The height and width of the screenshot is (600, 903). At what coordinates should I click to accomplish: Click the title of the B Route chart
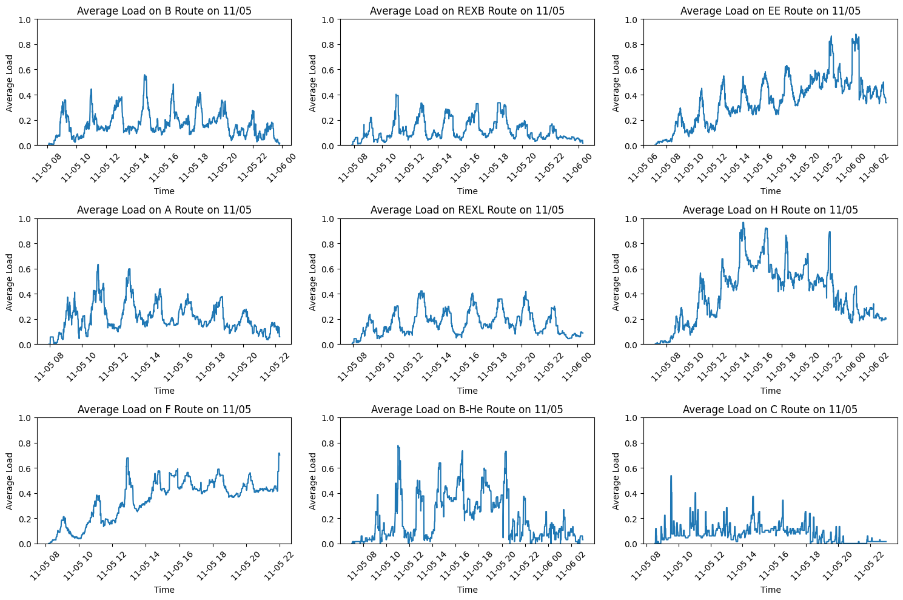click(x=164, y=10)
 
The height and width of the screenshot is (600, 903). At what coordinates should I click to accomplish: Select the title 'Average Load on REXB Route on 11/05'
click(x=467, y=10)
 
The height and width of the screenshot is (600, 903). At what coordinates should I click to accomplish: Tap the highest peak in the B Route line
click(x=145, y=75)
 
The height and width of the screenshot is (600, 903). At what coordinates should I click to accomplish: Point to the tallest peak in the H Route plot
click(x=744, y=223)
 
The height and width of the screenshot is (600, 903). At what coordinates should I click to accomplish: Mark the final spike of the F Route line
click(x=279, y=453)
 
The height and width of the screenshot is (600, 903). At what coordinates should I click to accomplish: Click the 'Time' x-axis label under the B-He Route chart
click(x=467, y=590)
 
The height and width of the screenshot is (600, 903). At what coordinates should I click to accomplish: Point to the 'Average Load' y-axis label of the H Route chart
click(x=616, y=282)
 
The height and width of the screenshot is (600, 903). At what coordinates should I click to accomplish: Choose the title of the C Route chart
click(x=770, y=410)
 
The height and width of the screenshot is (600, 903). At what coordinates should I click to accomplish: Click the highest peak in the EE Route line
click(x=856, y=35)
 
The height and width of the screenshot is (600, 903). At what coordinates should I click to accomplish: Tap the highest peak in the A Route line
click(x=98, y=265)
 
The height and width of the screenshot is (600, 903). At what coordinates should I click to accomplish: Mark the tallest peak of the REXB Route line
click(x=397, y=95)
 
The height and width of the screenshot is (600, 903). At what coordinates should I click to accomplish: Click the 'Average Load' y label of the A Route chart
click(x=9, y=282)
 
